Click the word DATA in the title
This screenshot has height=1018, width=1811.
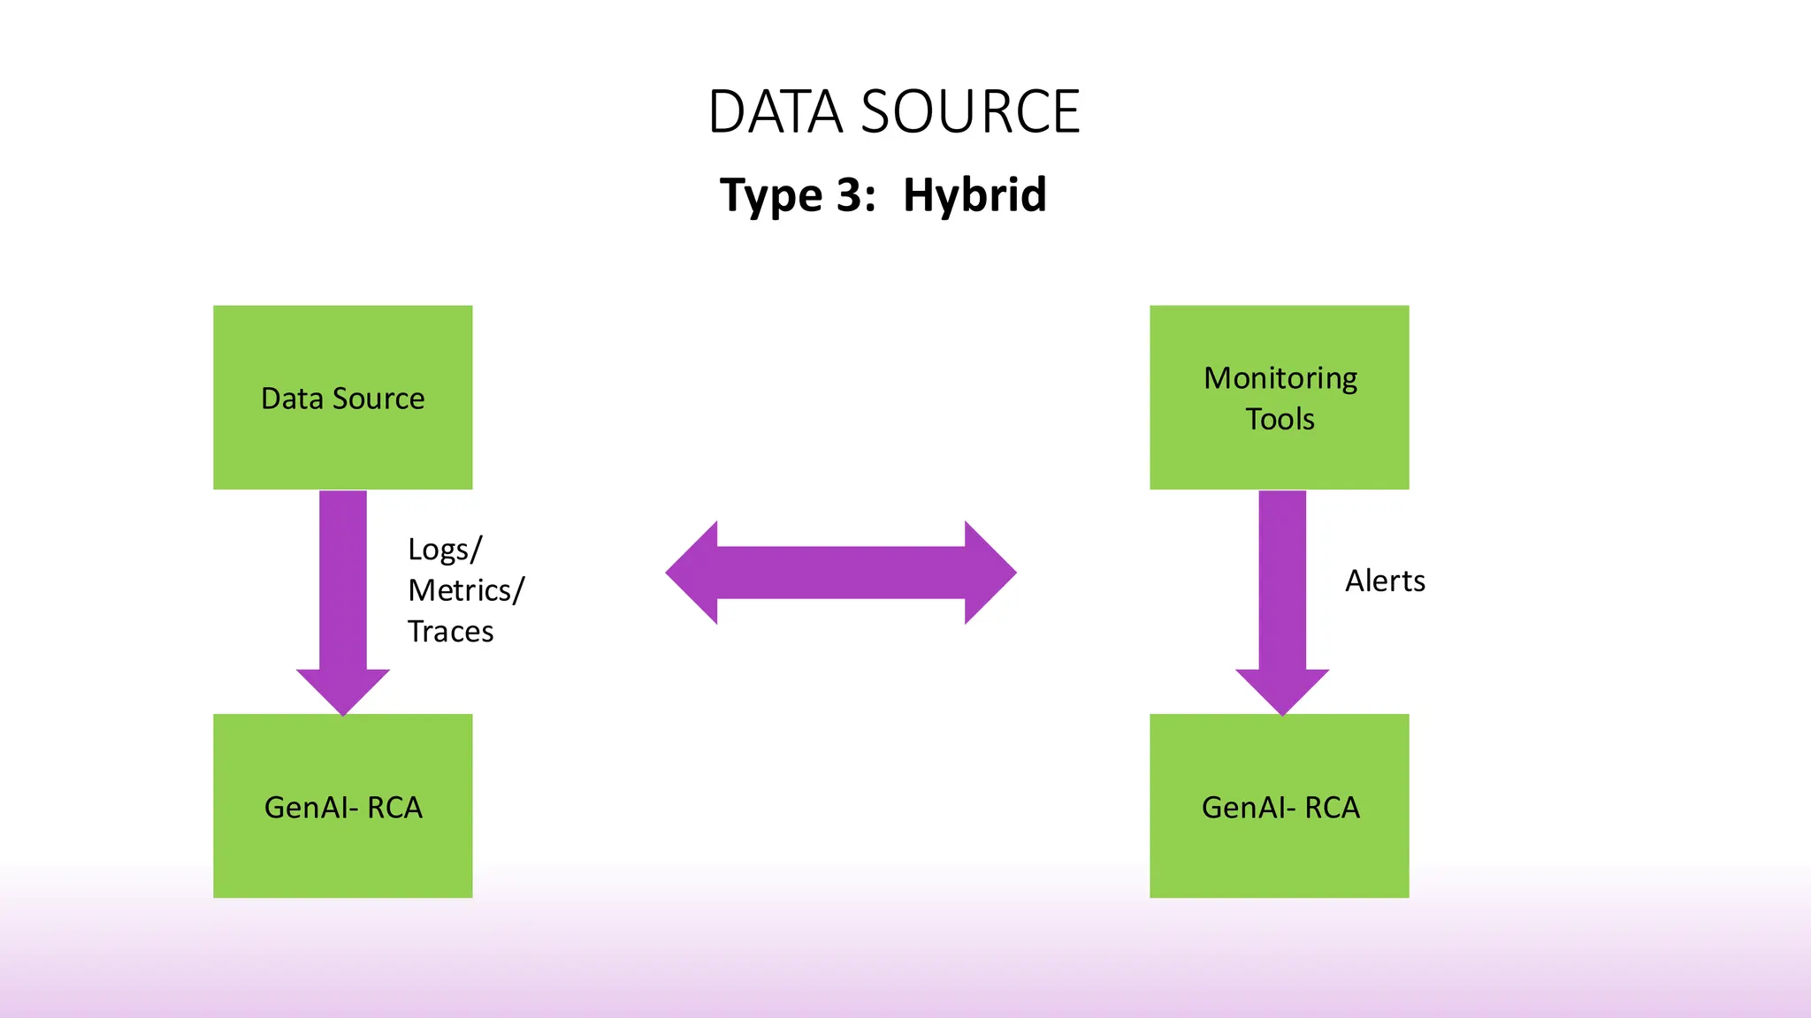(x=776, y=112)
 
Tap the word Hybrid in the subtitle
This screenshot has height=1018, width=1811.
(x=974, y=194)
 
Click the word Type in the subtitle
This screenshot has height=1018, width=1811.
(x=771, y=196)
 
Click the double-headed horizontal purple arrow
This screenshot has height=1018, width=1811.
(x=840, y=573)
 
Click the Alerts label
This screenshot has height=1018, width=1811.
(x=1385, y=581)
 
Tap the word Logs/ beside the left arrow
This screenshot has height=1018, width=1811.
(x=445, y=550)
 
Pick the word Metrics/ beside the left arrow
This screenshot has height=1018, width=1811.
(x=466, y=590)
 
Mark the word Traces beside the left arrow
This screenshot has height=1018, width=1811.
(x=450, y=631)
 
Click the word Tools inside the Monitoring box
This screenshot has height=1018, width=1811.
(x=1280, y=419)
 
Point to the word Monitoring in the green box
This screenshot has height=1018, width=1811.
(x=1280, y=378)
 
